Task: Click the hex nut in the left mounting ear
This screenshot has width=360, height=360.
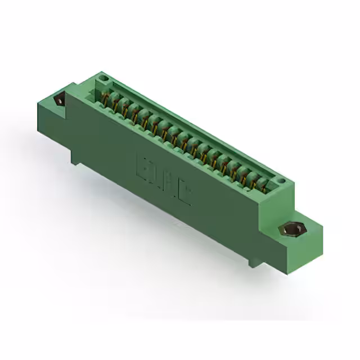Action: point(58,100)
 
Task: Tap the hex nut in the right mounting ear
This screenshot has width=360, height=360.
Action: point(290,230)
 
